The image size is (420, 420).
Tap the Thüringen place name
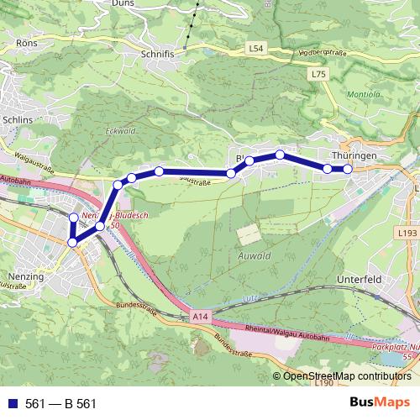352,156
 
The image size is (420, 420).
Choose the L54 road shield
257,50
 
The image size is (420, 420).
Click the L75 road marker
318,75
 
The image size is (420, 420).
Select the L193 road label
408,231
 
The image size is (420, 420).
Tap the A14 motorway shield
199,317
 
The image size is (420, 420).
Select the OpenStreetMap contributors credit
348,376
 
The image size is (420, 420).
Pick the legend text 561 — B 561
61,404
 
